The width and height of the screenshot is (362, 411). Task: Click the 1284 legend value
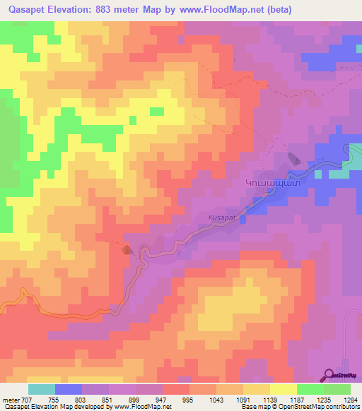point(350,400)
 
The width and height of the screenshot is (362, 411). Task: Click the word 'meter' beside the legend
point(11,400)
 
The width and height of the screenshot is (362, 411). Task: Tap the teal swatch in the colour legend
point(41,389)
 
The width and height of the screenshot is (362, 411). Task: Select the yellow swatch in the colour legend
point(283,389)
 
